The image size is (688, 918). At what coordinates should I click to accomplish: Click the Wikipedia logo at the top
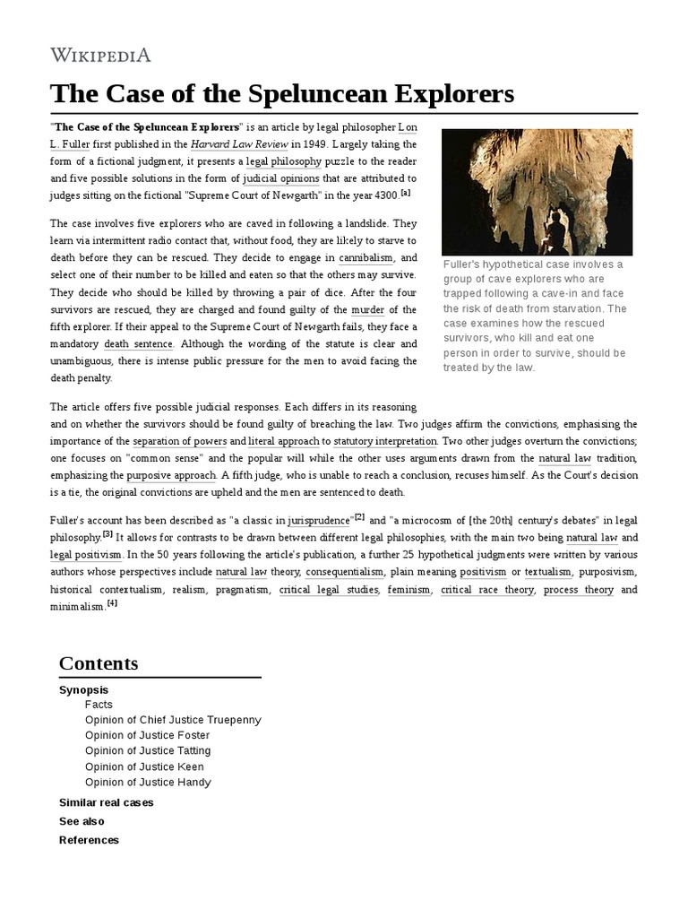(x=100, y=56)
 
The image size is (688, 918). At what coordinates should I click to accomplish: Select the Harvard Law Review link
(x=238, y=143)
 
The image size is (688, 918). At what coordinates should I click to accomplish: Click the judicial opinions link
(x=281, y=178)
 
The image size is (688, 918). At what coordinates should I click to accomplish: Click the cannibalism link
(x=366, y=257)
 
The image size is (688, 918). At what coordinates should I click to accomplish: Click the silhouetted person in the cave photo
(x=555, y=231)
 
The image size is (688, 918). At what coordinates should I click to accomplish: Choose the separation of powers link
(x=179, y=441)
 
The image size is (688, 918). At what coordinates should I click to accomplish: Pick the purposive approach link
(x=172, y=475)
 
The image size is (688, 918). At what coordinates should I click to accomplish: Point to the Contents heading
(x=99, y=663)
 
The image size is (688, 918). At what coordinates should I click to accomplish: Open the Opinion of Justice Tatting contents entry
(x=148, y=750)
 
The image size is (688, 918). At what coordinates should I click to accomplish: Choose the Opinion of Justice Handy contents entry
(x=148, y=782)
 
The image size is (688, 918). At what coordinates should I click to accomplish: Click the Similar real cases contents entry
(x=106, y=802)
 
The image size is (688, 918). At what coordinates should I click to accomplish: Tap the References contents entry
(x=89, y=840)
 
